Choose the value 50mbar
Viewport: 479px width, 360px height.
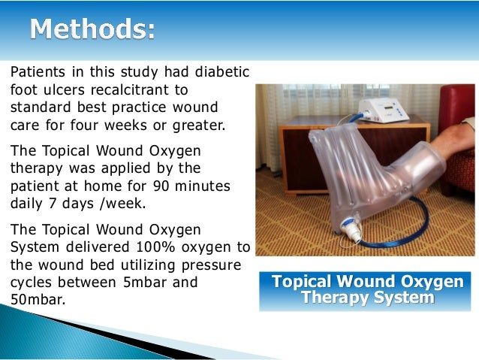point(38,299)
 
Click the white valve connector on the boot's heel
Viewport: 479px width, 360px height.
point(351,228)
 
